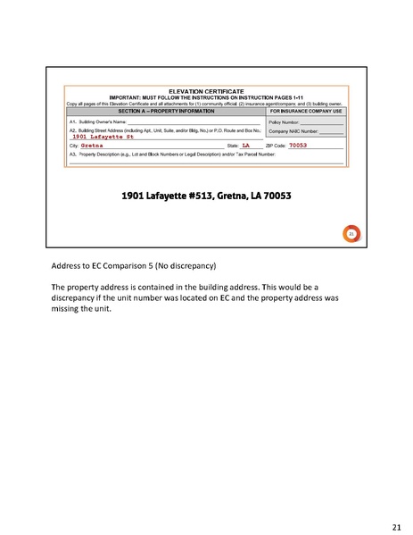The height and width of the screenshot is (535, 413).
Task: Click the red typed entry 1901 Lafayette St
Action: (x=103, y=136)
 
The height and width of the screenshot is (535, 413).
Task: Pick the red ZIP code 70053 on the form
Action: (x=298, y=145)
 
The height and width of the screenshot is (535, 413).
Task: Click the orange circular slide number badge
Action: (x=351, y=234)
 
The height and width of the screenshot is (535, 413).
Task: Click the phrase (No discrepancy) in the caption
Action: (x=183, y=267)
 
